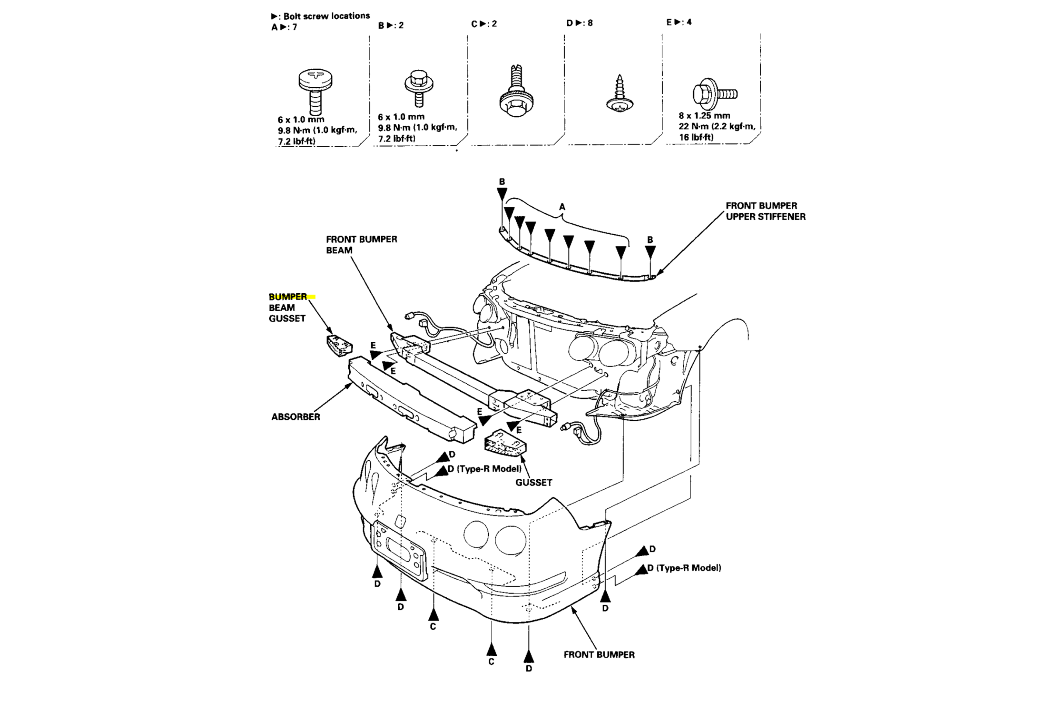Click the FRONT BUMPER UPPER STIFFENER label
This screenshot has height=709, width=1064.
coord(766,211)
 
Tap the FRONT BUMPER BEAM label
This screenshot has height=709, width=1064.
coord(361,245)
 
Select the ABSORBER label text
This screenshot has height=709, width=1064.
coord(296,417)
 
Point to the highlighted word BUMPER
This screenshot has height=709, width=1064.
coord(288,297)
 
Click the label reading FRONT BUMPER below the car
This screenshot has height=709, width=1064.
coord(598,654)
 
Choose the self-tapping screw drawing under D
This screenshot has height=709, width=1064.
coord(619,94)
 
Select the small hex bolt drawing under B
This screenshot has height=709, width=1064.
coord(419,87)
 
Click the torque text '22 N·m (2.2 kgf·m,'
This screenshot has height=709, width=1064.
coord(717,126)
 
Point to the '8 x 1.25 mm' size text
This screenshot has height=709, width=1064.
coord(704,115)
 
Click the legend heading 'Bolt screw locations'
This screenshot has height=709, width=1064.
coord(326,16)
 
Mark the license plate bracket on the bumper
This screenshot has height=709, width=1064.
coord(398,550)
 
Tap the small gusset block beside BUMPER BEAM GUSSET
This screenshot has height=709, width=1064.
coord(340,345)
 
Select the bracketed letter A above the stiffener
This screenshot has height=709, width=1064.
coord(562,207)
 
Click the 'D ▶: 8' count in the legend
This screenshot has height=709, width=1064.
coord(579,22)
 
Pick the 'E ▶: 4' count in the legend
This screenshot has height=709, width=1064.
coord(679,22)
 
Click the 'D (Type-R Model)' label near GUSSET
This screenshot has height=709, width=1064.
coord(484,469)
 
